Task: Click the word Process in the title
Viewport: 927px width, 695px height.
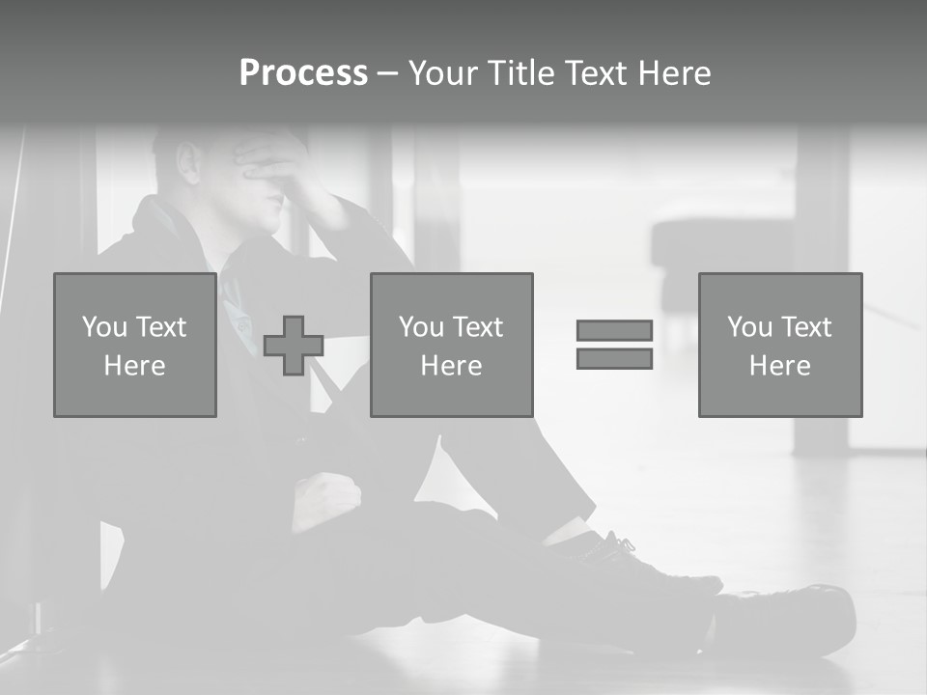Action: (x=303, y=73)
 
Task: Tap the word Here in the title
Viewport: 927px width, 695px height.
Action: (x=673, y=73)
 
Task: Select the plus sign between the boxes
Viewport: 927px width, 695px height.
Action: (x=294, y=346)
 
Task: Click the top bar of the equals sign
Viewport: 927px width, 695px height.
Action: (x=614, y=330)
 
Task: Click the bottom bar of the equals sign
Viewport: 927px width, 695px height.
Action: (x=614, y=358)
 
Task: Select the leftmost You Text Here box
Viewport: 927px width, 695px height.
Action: (x=135, y=345)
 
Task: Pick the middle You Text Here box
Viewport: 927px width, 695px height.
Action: (x=452, y=345)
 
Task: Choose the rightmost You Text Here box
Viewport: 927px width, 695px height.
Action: (x=780, y=345)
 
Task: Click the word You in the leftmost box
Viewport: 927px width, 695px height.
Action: (x=103, y=326)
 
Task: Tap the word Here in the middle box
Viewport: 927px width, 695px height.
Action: (x=452, y=365)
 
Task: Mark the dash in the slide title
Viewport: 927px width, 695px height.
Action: (x=387, y=73)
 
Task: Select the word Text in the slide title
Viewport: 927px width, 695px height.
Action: (x=592, y=73)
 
